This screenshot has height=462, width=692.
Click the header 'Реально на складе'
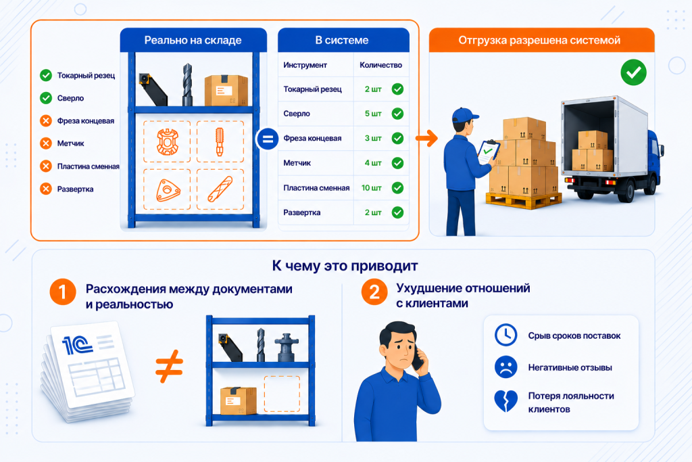click(193, 40)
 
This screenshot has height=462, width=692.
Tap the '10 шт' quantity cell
click(372, 188)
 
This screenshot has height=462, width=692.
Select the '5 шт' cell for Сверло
click(373, 114)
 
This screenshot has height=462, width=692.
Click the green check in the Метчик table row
click(397, 163)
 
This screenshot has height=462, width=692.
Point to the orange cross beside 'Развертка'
click(46, 189)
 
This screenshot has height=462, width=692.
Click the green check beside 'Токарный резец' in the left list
click(46, 76)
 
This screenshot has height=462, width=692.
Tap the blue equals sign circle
click(268, 139)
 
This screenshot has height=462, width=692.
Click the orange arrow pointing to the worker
click(426, 138)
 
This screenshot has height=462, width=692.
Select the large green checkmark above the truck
click(633, 72)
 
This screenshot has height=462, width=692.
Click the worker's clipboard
click(489, 152)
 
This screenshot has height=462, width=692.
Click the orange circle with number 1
click(63, 292)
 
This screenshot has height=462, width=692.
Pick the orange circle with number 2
click(374, 292)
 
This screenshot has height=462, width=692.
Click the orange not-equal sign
click(169, 366)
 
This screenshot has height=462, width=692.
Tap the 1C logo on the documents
click(77, 345)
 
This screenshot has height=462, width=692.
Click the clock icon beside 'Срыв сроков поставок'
click(505, 335)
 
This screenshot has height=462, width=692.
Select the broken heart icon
click(505, 400)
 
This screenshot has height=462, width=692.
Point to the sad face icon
click(505, 367)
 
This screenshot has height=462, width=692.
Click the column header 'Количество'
click(381, 65)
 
